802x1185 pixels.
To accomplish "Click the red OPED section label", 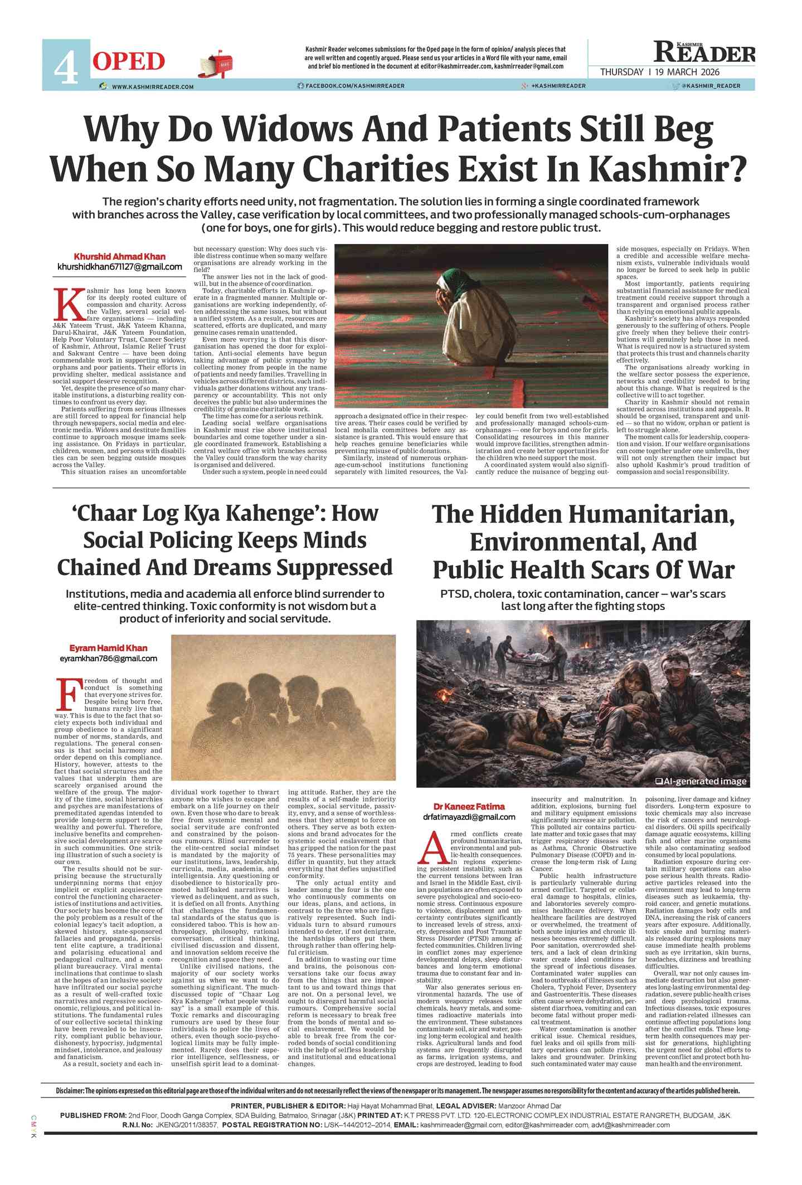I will pos(128,61).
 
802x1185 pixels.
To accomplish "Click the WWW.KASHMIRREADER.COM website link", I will pos(152,86).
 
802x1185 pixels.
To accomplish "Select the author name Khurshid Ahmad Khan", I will pos(120,256).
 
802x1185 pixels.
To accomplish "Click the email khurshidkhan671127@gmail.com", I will pos(120,267).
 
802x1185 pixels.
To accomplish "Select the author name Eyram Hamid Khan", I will pos(108,647).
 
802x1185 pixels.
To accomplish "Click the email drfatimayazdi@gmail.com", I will pos(469,817).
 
